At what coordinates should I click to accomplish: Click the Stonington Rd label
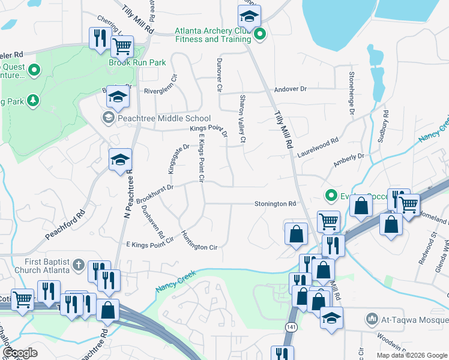coord(275,204)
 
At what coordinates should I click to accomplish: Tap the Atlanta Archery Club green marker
coord(259,35)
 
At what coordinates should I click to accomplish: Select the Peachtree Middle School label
coord(164,118)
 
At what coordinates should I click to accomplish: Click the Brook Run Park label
coord(128,62)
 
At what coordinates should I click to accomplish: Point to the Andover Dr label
coord(290,89)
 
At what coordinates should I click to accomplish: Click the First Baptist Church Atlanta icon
coord(78,264)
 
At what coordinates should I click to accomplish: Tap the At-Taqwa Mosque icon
coord(372,317)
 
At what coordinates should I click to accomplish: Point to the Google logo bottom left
coord(20,353)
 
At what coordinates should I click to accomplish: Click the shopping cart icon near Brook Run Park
coord(122,45)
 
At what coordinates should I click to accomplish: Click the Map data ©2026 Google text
coord(412,355)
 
